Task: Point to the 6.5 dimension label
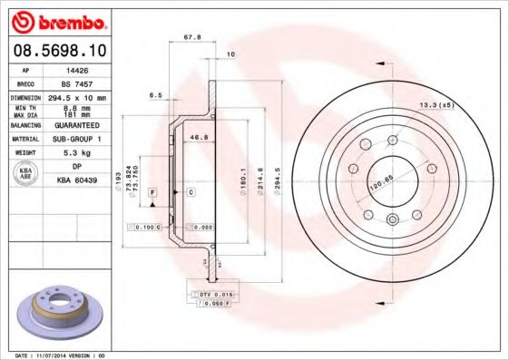click(155, 94)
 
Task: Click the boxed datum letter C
click(191, 193)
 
